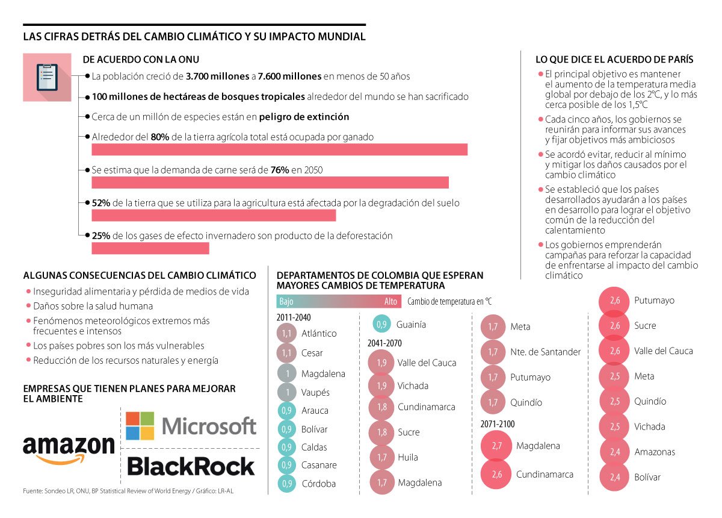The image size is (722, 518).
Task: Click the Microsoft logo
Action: point(191,426)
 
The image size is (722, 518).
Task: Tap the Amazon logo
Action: point(69,449)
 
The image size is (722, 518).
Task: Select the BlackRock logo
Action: point(191,467)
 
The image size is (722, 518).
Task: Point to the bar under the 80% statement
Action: point(279,149)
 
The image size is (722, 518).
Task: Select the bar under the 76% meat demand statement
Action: point(270,183)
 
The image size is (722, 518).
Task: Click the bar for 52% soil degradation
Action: point(214,215)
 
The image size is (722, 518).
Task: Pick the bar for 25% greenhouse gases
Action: point(150,248)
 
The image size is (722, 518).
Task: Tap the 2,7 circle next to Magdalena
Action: point(496,446)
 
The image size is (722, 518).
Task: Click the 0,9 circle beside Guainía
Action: point(381,325)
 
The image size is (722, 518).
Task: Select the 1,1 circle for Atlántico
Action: point(287,333)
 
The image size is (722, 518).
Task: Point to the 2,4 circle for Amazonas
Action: point(615,452)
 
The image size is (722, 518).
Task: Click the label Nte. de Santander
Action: point(545,352)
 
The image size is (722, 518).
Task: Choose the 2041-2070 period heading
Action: point(385,343)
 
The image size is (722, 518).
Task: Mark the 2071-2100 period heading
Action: point(498,424)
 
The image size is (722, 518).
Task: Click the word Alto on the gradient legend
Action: point(390,302)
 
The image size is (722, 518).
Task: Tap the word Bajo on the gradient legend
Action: point(286,302)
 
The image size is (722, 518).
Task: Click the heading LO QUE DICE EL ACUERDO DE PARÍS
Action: point(614,60)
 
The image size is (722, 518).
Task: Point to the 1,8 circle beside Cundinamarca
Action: point(381,407)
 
